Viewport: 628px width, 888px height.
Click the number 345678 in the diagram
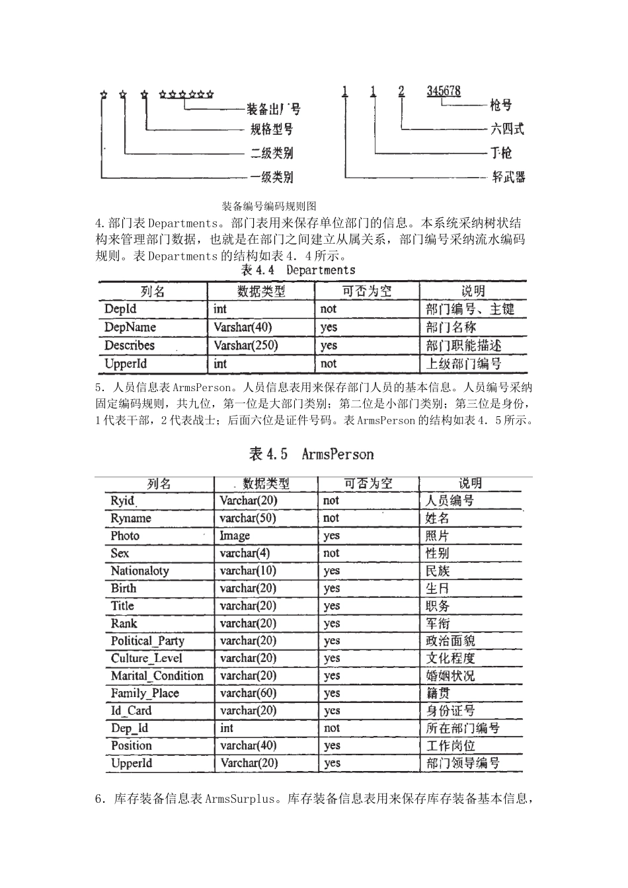click(444, 91)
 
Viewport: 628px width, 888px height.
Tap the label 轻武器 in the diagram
click(508, 177)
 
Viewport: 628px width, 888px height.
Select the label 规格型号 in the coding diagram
click(272, 129)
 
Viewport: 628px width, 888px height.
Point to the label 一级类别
click(272, 177)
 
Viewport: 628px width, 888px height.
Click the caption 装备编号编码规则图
click(269, 207)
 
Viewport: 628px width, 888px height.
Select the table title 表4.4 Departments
click(297, 270)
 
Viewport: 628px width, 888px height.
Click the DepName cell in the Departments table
click(130, 327)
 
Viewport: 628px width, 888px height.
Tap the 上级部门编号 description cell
click(463, 363)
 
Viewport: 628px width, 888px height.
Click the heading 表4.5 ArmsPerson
click(311, 454)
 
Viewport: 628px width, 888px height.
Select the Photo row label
click(125, 536)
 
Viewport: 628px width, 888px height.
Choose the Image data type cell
click(235, 536)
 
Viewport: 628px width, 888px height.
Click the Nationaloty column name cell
click(140, 571)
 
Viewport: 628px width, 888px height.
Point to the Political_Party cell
click(147, 641)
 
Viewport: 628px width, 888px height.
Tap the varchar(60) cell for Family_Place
click(248, 693)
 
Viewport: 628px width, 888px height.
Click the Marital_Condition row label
click(157, 676)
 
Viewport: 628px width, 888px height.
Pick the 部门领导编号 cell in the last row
click(463, 763)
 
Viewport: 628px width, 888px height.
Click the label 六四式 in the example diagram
click(508, 129)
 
